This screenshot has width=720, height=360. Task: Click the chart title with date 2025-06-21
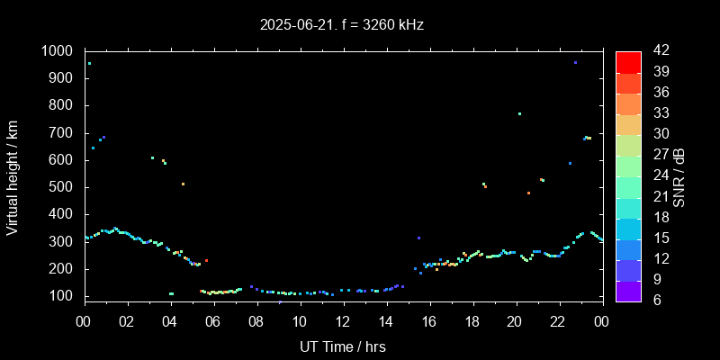pyautogui.click(x=341, y=25)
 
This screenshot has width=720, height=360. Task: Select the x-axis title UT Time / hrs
pyautogui.click(x=343, y=346)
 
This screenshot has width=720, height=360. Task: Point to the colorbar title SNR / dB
pyautogui.click(x=679, y=176)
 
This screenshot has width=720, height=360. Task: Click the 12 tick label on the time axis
pyautogui.click(x=343, y=322)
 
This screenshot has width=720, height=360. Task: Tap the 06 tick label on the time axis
pyautogui.click(x=213, y=322)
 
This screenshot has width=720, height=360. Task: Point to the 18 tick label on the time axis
pyautogui.click(x=472, y=322)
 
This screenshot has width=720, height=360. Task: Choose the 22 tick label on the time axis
pyautogui.click(x=559, y=322)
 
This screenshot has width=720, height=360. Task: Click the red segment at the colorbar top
pyautogui.click(x=628, y=61)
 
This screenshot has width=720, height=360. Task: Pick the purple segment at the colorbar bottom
pyautogui.click(x=628, y=290)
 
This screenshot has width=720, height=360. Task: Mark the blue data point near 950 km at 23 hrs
pyautogui.click(x=575, y=63)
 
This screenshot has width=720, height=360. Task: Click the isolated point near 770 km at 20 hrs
pyautogui.click(x=519, y=113)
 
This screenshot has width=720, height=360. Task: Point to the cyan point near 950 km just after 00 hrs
pyautogui.click(x=89, y=63)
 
